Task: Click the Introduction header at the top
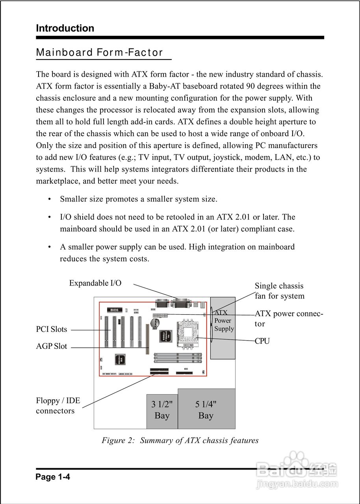tap(65, 28)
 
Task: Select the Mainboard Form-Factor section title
tap(99, 53)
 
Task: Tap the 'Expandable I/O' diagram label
tap(95, 283)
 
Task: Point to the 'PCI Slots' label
tap(52, 330)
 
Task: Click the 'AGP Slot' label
tap(52, 346)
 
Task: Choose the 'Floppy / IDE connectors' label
tap(58, 406)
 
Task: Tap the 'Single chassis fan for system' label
tap(279, 291)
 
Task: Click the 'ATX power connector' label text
tap(289, 319)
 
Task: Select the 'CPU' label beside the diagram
tap(262, 341)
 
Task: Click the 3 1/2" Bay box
tap(162, 411)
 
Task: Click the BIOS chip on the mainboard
tap(114, 310)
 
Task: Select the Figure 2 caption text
tap(180, 440)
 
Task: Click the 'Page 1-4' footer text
tap(53, 477)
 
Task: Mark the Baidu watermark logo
tap(296, 469)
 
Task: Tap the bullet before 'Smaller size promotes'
tap(49, 199)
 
